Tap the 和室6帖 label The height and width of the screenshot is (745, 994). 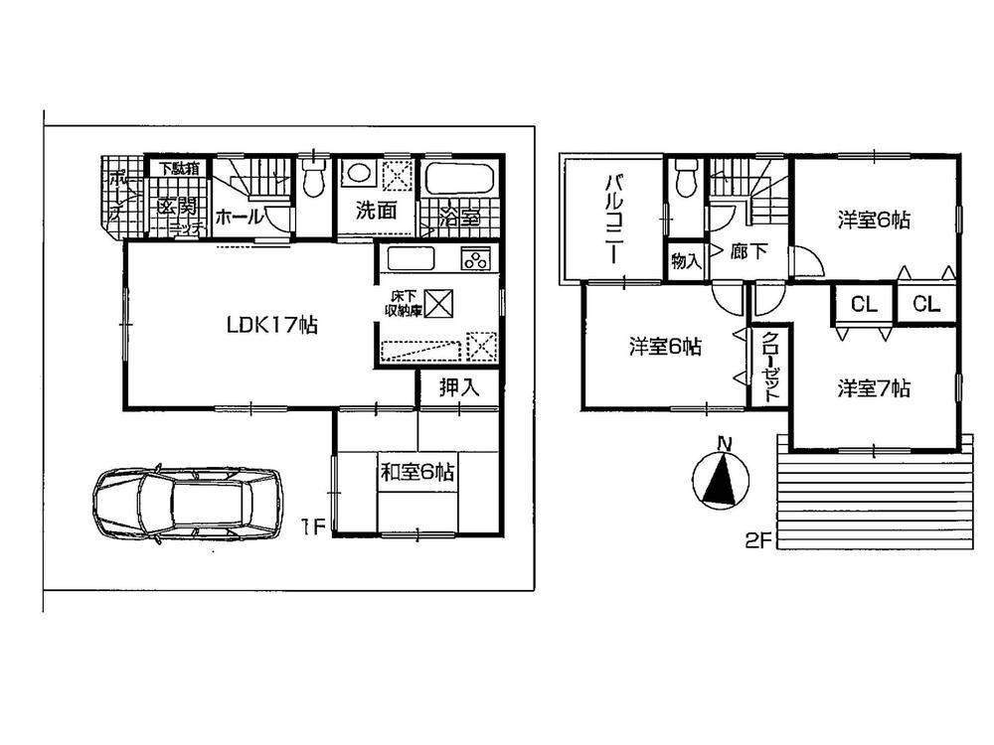coord(416,474)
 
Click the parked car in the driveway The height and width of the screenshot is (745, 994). coord(188,505)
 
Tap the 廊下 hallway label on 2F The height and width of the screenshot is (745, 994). coord(748,252)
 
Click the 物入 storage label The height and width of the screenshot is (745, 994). coord(686,262)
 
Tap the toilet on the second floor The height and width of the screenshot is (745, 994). coord(684,180)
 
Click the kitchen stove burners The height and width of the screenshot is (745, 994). coord(474,260)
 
